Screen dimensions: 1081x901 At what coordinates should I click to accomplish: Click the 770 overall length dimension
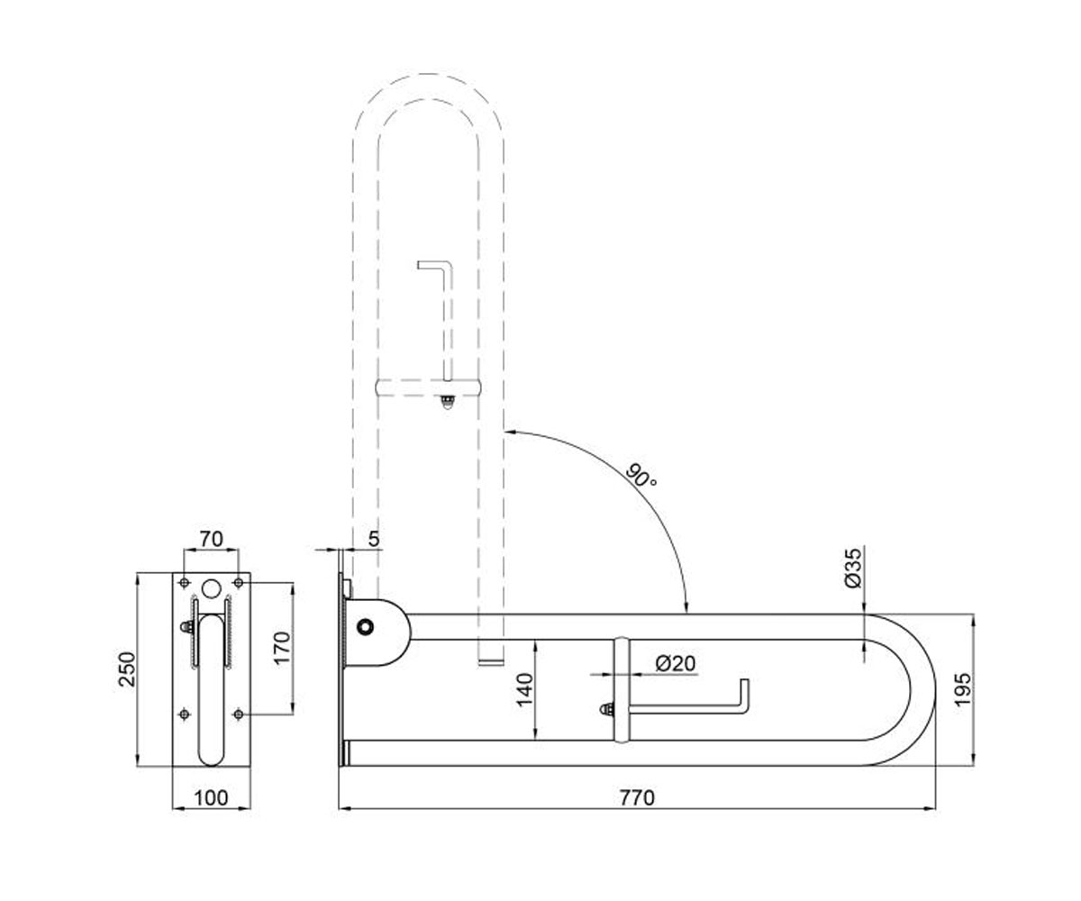[637, 798]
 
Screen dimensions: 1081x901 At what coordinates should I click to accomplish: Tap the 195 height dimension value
[963, 689]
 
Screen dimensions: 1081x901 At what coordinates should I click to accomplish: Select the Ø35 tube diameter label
[853, 568]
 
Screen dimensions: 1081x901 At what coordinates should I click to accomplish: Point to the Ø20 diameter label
[676, 663]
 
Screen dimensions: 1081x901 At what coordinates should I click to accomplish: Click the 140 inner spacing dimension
[525, 690]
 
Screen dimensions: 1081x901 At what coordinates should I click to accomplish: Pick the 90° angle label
[641, 476]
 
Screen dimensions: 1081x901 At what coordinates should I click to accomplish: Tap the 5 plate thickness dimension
[374, 539]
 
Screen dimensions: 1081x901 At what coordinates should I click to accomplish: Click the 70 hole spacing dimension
[211, 539]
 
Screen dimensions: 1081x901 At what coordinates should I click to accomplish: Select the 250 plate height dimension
[127, 669]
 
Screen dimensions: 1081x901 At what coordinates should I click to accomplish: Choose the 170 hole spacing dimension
[282, 649]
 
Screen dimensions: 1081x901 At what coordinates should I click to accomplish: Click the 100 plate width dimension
[211, 798]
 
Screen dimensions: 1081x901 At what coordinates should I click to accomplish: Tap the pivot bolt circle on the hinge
[366, 626]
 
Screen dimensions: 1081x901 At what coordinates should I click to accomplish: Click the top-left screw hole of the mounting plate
[184, 583]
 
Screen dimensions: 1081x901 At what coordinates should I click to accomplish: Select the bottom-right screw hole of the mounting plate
[238, 714]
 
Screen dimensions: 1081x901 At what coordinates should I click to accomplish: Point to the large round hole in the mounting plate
[211, 587]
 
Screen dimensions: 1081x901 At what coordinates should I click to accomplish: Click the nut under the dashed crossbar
[448, 401]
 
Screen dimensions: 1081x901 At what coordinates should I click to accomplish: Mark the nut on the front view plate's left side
[186, 627]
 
